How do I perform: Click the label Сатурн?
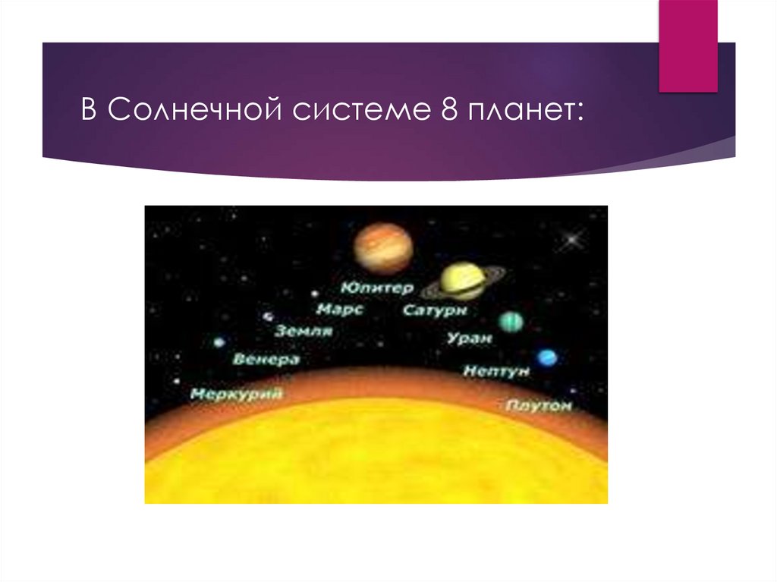click(x=435, y=311)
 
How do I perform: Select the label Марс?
click(x=340, y=310)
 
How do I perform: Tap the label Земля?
click(x=304, y=331)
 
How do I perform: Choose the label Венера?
click(x=267, y=360)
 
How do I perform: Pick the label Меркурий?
click(x=236, y=394)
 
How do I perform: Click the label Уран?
click(x=470, y=338)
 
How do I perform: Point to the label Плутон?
click(x=538, y=407)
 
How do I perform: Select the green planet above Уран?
click(x=511, y=322)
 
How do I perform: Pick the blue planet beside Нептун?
click(x=546, y=357)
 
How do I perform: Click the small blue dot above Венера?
click(x=219, y=341)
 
